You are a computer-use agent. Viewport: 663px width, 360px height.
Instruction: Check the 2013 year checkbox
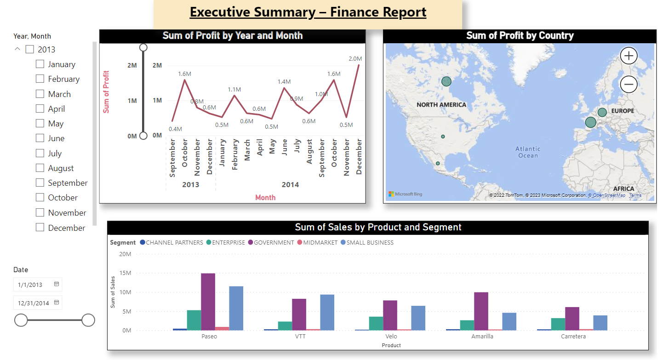coord(29,49)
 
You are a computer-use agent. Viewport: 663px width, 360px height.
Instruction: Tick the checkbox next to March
coord(40,94)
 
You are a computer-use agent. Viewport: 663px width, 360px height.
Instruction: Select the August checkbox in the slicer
coord(40,168)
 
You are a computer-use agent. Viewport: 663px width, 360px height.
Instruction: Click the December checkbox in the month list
coord(40,228)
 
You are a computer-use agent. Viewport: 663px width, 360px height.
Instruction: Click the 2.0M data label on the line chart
coord(355,58)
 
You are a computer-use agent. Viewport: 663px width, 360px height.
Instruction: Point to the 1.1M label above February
coord(234,90)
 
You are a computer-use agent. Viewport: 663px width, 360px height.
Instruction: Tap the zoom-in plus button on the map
coord(629,56)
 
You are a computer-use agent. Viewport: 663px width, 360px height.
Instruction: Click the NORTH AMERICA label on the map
coord(441,105)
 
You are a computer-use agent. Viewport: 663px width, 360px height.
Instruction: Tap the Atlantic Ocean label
coord(527,152)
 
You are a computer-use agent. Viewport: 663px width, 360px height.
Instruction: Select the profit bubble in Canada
coord(446,81)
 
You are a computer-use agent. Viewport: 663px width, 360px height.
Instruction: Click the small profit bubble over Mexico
coord(438,163)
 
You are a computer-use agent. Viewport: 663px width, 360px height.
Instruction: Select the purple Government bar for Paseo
coord(208,302)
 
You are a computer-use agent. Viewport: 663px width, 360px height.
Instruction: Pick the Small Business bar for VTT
coord(327,312)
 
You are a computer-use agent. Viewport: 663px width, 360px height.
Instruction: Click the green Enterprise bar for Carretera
coord(558,324)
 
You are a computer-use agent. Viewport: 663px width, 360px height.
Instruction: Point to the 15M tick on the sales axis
coord(125,273)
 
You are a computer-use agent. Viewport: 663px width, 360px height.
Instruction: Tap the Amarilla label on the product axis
coord(482,337)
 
